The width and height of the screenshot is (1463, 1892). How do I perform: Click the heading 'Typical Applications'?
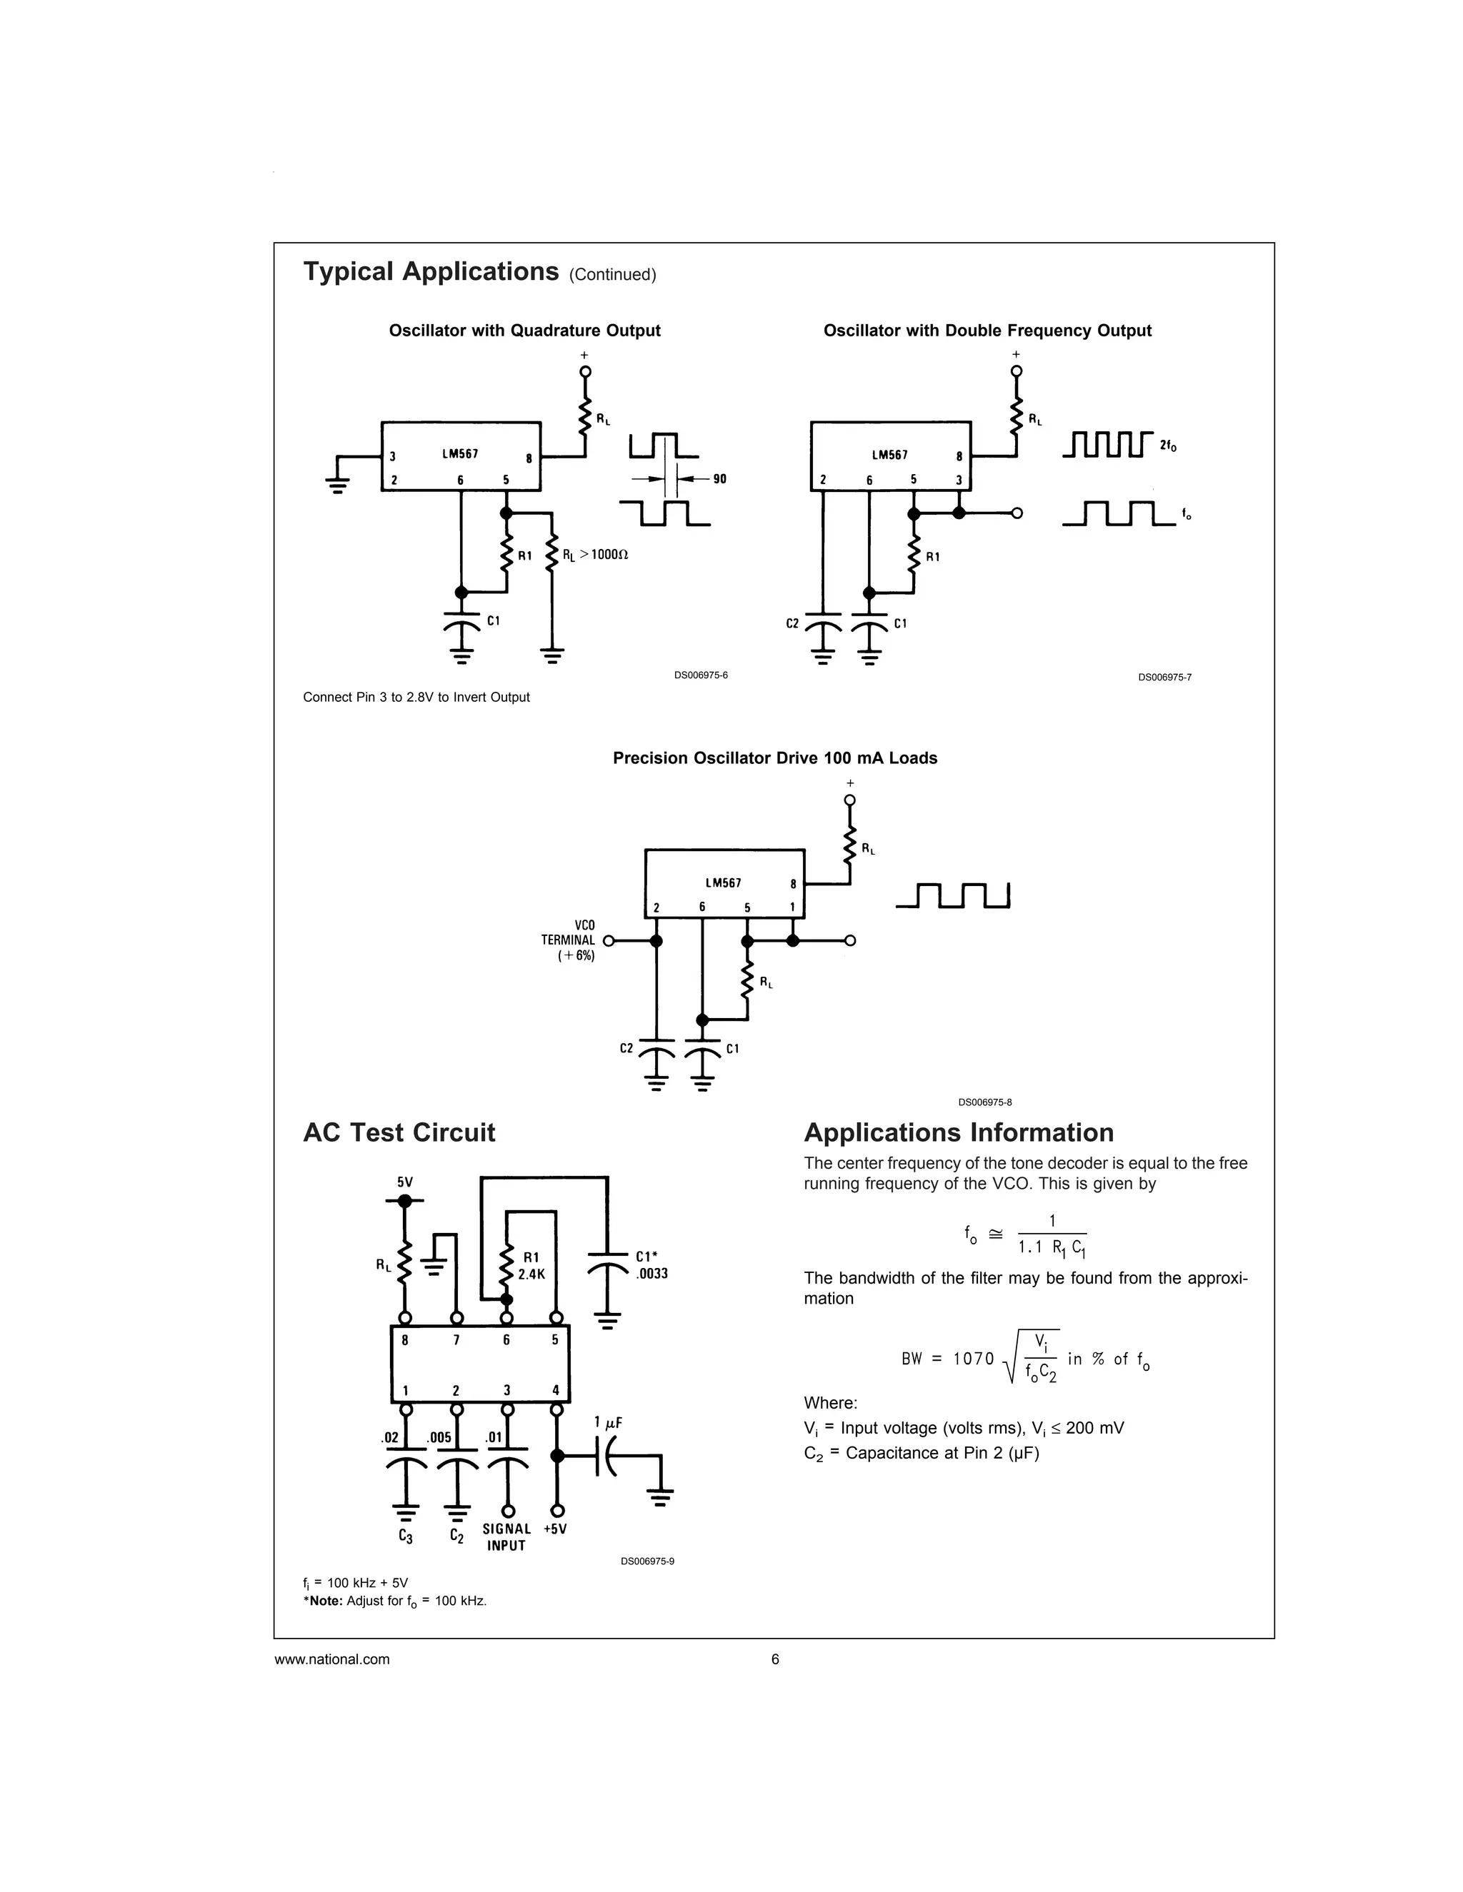[x=431, y=272]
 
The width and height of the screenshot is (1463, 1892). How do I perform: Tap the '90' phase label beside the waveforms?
[x=719, y=479]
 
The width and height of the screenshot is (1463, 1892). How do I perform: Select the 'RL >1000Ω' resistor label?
[x=594, y=555]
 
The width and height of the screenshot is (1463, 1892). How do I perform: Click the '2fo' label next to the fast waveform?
[x=1167, y=446]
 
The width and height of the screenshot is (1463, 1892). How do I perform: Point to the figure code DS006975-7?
[x=1164, y=678]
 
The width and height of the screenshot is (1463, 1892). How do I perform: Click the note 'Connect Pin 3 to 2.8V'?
[x=416, y=698]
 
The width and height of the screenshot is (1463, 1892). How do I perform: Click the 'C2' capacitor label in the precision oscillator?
[x=626, y=1048]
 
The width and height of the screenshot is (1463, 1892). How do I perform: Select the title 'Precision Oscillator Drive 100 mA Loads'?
[x=775, y=758]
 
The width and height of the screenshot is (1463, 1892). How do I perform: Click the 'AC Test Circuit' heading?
[x=399, y=1132]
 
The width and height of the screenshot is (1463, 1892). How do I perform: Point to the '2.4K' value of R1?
[x=531, y=1274]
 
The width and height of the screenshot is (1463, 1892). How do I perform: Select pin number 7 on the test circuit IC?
[x=456, y=1340]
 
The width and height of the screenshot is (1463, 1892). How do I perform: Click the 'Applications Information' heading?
[x=959, y=1132]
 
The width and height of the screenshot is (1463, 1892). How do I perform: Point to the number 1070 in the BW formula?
[x=974, y=1359]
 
